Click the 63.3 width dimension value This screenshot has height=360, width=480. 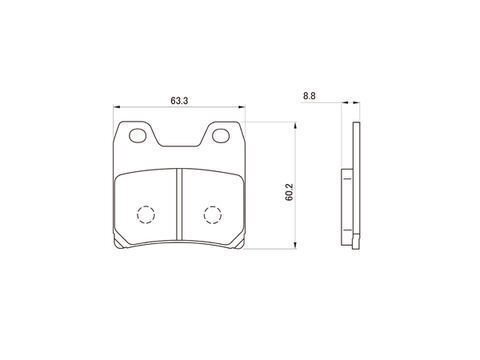(x=179, y=100)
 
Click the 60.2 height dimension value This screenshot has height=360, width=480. (x=289, y=192)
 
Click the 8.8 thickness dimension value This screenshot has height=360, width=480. (x=309, y=96)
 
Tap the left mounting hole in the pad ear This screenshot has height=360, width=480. (x=137, y=136)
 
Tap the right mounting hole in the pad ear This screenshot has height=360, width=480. (x=221, y=136)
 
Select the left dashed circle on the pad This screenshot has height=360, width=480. (x=146, y=215)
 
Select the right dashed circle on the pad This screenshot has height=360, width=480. (x=213, y=215)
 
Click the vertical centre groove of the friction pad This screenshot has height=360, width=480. (x=179, y=204)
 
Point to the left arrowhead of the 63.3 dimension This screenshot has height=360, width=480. (x=116, y=107)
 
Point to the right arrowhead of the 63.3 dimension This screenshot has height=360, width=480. (x=242, y=107)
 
